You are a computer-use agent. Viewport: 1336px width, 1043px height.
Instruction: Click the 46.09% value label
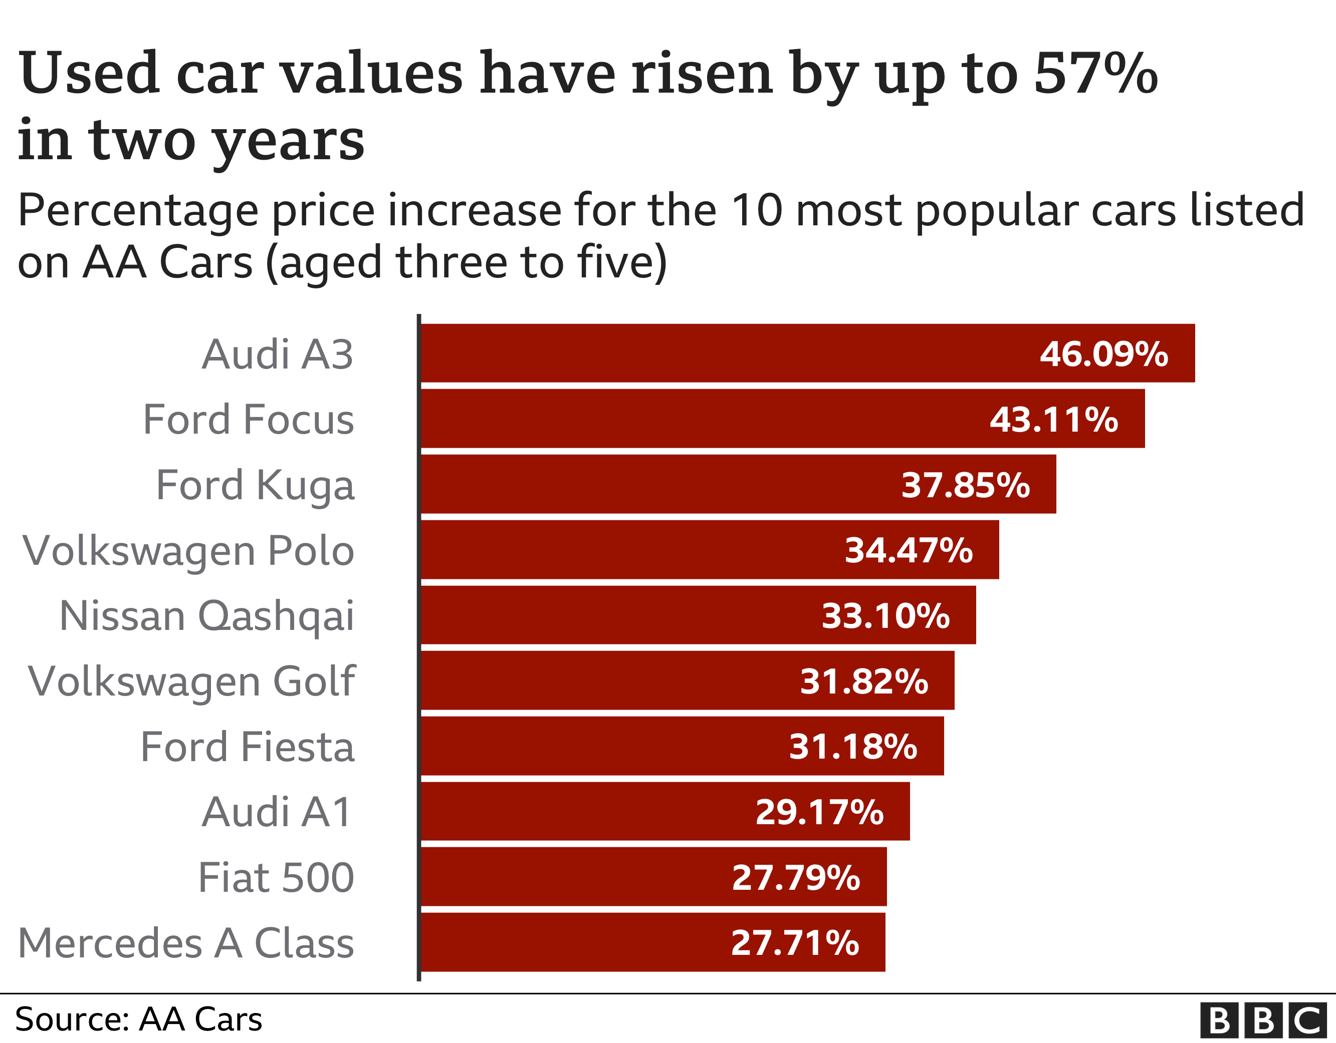coord(1103,354)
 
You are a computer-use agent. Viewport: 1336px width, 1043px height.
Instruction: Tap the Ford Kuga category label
coord(255,485)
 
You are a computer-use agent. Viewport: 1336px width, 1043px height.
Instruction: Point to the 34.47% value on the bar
coord(909,550)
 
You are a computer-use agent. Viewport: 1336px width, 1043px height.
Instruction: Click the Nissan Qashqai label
coord(207,616)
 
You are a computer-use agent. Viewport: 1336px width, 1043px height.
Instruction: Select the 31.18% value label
coord(853,747)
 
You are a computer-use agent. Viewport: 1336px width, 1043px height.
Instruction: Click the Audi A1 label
coord(277,812)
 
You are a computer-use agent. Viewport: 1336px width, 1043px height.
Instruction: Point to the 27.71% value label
coord(795,942)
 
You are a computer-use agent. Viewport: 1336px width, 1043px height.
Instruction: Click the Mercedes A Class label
coord(186,943)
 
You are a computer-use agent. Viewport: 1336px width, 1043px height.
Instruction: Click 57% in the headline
coord(1095,74)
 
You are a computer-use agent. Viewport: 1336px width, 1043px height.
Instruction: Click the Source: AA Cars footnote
coord(138,1019)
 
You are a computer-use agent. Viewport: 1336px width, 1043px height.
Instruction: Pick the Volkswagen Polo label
coord(188,551)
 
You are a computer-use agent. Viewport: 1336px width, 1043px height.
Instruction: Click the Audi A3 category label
coord(277,355)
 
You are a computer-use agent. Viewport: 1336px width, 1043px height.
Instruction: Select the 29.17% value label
coord(819,812)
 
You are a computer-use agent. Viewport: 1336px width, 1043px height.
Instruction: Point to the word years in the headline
coord(289,141)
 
